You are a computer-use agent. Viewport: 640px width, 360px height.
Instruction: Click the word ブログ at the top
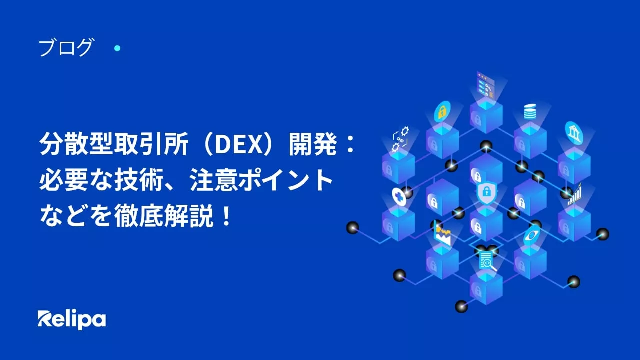coord(65,48)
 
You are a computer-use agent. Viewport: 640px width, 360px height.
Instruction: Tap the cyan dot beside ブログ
coord(117,48)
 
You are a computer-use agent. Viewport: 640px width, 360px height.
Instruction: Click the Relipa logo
coord(71,319)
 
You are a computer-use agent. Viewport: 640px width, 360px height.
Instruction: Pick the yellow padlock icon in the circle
coord(442,111)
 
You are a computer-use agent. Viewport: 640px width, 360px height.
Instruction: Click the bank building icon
coord(574,131)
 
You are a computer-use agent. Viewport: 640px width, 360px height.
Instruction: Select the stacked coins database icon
coord(530,111)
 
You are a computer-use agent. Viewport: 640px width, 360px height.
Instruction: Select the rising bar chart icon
coord(575,194)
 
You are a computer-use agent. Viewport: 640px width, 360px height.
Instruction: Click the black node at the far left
coord(353,228)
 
